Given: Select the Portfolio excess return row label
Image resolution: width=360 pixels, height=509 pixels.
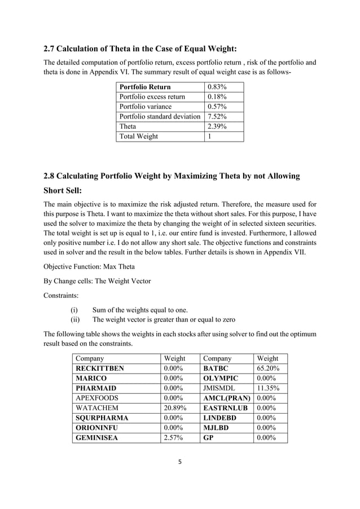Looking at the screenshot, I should [152, 96].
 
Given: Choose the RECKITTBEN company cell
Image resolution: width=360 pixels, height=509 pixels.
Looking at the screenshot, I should [100, 368].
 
